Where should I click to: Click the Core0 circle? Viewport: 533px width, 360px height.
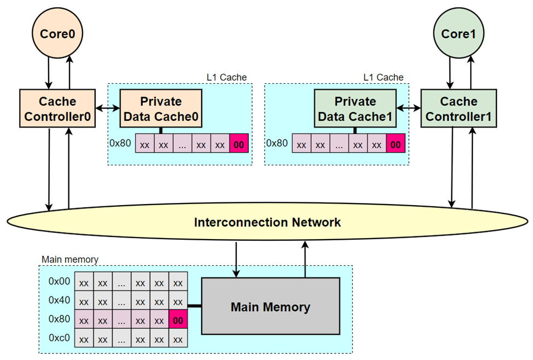click(57, 33)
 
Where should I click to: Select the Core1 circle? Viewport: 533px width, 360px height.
click(459, 33)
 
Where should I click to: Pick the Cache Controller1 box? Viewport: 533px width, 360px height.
click(459, 109)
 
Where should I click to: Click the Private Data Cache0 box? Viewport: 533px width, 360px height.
click(161, 109)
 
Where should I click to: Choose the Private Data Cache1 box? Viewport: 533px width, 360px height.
click(355, 109)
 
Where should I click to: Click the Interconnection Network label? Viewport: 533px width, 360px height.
click(267, 223)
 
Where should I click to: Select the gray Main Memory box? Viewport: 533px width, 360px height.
click(270, 306)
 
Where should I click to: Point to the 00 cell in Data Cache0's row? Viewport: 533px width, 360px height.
click(239, 145)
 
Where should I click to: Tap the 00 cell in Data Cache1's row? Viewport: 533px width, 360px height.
click(396, 145)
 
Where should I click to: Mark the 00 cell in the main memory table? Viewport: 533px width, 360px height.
click(178, 320)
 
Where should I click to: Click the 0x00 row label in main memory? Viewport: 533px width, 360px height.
click(59, 282)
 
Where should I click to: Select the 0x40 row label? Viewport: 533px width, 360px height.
click(59, 300)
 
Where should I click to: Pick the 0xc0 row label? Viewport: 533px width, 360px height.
click(59, 338)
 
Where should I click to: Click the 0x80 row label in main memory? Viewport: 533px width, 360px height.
click(59, 319)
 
